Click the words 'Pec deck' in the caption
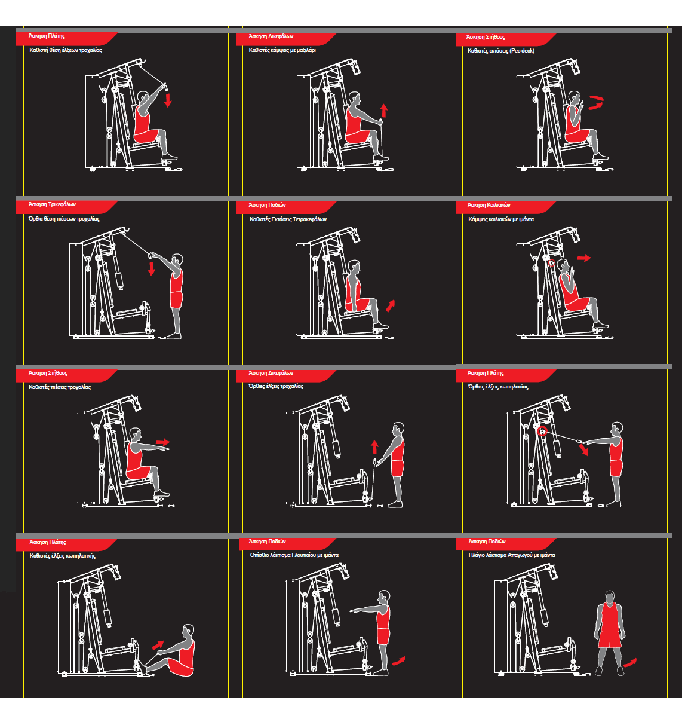point(522,51)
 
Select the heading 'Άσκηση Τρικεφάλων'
point(53,204)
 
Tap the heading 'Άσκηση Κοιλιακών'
point(489,205)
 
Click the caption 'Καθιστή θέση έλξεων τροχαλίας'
point(66,50)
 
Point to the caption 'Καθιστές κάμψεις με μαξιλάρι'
point(282,50)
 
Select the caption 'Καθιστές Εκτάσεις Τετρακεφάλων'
point(288,219)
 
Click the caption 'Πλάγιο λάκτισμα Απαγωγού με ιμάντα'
point(512,555)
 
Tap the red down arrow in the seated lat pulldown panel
point(168,99)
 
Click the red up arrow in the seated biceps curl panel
point(384,110)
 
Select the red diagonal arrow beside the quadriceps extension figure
point(391,305)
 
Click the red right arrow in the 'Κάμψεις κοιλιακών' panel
point(583,258)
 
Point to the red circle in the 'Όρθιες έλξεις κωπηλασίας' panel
point(542,431)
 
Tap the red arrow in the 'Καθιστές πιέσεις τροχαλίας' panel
point(162,443)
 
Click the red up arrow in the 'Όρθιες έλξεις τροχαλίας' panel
point(374,446)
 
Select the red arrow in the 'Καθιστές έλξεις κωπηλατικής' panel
point(158,645)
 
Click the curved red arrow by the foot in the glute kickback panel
point(398,660)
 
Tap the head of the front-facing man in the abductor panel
point(610,597)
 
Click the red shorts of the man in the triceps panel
point(176,300)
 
